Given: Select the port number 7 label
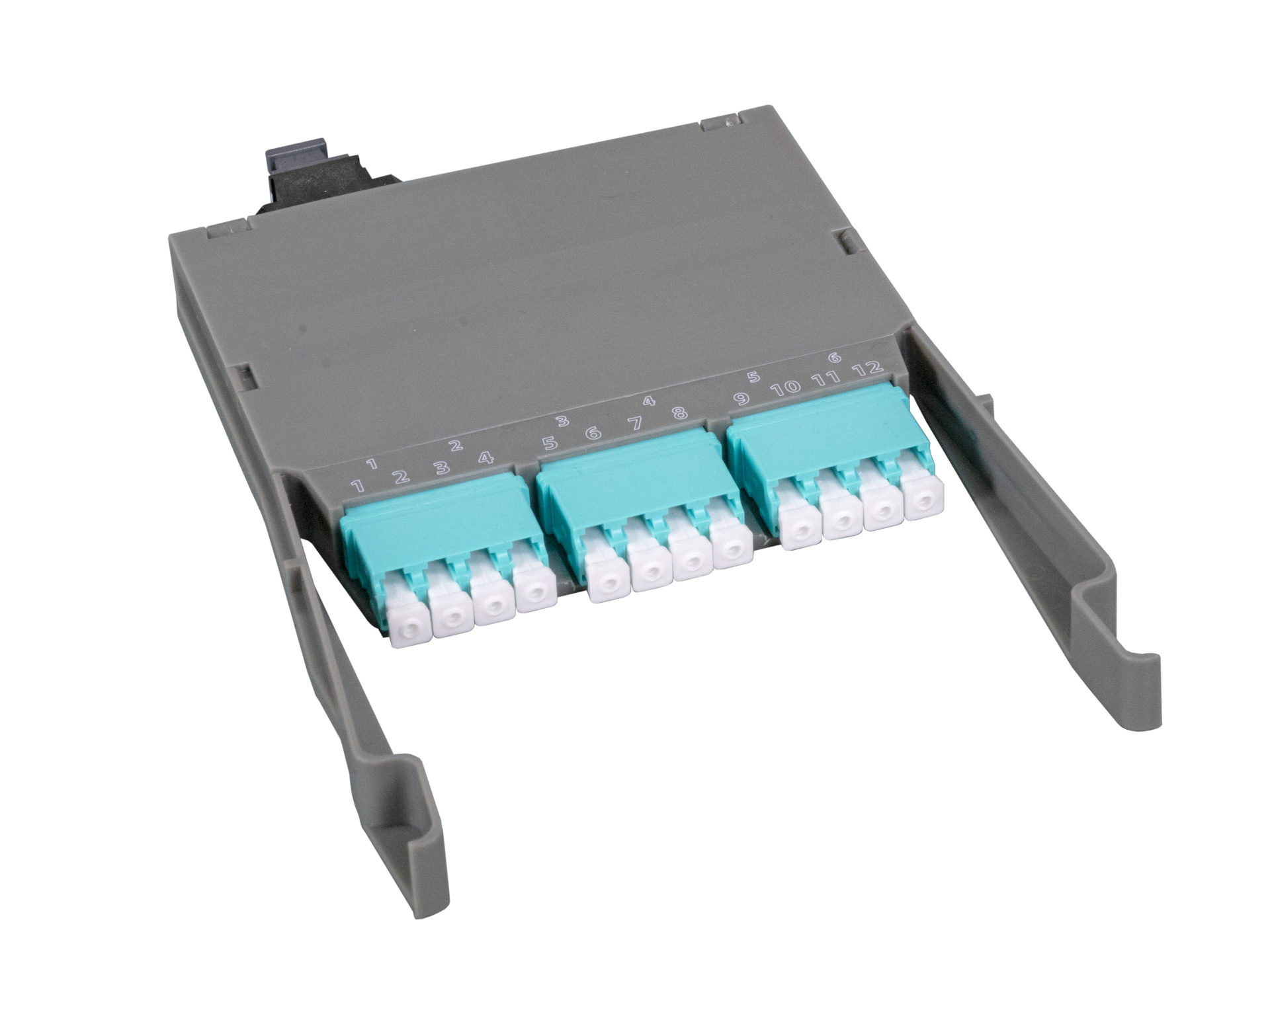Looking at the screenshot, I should point(635,424).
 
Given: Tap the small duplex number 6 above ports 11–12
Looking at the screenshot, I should point(834,358).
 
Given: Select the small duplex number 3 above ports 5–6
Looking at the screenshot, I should point(562,420).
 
